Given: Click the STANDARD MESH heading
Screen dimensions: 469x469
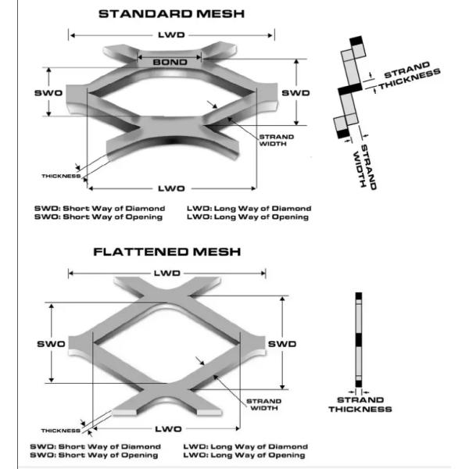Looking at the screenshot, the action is click(171, 14).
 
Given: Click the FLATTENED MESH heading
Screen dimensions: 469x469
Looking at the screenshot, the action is click(167, 252).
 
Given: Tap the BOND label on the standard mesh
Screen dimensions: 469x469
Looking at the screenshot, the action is click(170, 63).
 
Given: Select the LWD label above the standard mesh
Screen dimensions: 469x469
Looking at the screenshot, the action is click(171, 35).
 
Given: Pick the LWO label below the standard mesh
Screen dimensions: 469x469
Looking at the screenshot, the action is click(171, 188).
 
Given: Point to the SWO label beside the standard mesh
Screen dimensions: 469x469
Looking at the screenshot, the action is click(48, 93).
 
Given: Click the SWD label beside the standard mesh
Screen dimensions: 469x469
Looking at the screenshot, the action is click(295, 93).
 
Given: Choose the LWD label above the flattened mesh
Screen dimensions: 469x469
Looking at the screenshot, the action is click(167, 273).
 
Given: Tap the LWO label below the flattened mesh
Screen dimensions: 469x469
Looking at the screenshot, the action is click(168, 429).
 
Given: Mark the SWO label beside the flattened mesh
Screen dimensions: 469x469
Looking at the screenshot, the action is click(51, 344).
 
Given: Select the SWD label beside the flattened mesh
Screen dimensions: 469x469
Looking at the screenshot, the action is click(282, 344).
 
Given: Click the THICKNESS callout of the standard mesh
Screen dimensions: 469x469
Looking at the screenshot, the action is click(61, 176).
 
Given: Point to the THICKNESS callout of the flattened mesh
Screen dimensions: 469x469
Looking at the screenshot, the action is click(61, 431).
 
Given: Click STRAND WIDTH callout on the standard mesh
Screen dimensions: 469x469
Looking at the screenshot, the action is click(276, 140).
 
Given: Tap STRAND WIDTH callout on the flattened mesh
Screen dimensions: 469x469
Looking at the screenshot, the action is click(264, 405).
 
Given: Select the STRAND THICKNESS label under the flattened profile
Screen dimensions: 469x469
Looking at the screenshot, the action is click(360, 405).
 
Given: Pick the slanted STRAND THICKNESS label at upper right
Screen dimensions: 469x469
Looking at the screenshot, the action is click(410, 75).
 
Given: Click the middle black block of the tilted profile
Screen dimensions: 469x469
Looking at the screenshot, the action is click(350, 89).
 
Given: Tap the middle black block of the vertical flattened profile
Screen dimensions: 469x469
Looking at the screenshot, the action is click(359, 340).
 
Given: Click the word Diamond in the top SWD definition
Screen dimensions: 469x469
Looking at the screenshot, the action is click(145, 208).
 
